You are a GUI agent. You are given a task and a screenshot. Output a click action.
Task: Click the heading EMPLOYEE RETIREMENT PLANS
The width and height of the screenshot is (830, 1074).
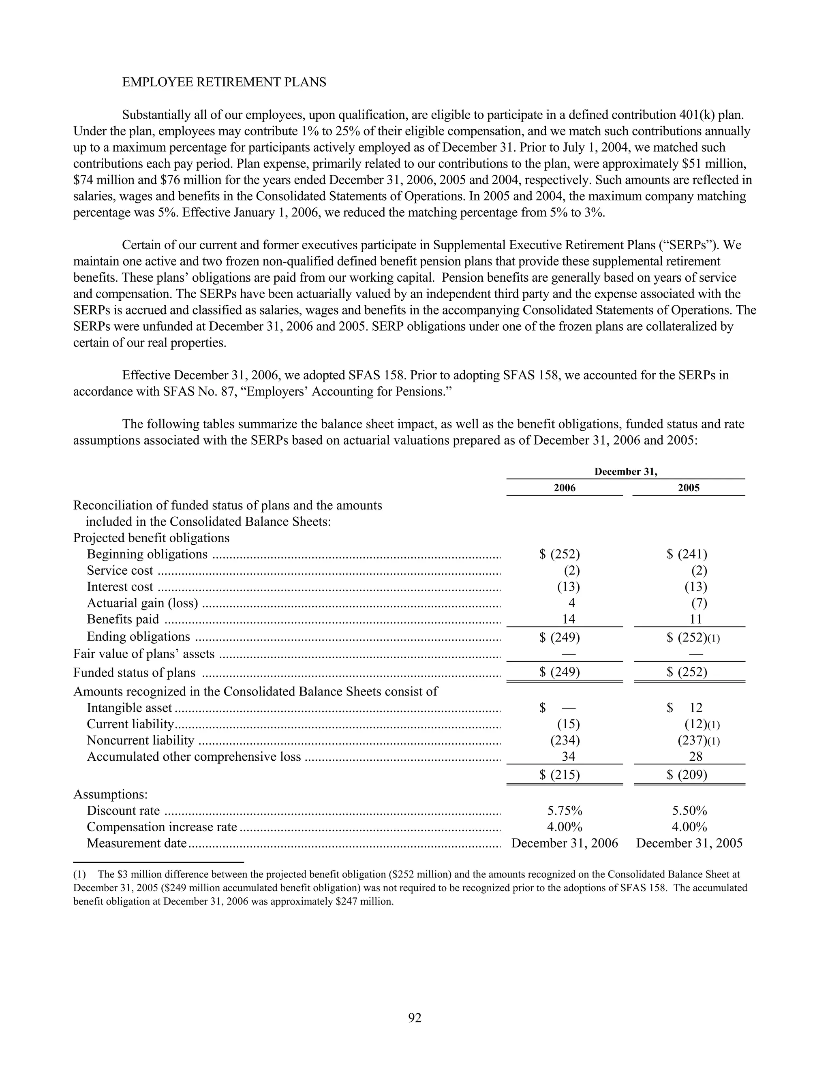[224, 82]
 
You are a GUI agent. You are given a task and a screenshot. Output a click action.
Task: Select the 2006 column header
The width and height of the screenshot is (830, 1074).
[564, 488]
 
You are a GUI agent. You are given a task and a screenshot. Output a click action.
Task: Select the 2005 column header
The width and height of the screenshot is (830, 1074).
[689, 488]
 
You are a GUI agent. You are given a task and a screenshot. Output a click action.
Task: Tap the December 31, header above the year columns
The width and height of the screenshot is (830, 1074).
[625, 472]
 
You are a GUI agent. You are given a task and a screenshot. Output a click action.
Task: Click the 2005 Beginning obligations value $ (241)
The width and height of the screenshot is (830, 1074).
[687, 554]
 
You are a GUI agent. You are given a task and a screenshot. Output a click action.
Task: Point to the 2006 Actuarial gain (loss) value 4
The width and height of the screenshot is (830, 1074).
[571, 603]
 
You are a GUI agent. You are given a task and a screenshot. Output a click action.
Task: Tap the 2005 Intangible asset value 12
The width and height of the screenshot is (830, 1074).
[696, 708]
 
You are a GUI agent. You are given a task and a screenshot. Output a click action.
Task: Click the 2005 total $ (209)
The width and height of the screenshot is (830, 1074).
[687, 775]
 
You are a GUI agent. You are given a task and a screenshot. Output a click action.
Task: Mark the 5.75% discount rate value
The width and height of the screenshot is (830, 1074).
[565, 811]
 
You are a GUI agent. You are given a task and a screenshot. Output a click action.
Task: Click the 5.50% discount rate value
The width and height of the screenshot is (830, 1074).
[689, 811]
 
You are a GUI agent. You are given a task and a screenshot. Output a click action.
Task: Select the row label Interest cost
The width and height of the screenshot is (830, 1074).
[120, 587]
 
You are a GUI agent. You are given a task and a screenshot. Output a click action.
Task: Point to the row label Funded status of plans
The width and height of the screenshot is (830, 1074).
[134, 673]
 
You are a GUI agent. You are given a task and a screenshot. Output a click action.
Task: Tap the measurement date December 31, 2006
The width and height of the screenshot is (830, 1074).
[565, 843]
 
